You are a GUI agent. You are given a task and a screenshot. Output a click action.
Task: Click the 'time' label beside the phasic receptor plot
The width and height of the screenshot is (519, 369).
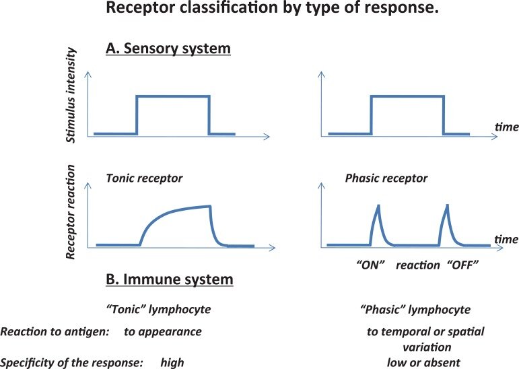point(506,239)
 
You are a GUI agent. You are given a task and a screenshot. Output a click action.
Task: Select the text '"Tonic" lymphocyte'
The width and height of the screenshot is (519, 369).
point(158,310)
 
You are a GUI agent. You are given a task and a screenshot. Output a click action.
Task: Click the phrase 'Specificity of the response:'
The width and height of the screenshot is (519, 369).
point(72,362)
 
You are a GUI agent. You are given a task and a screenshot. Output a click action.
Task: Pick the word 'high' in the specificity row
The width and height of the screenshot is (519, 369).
point(172,362)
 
